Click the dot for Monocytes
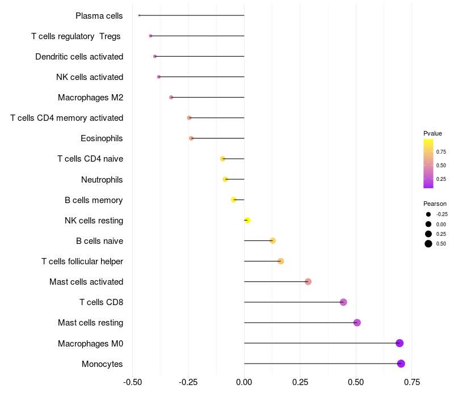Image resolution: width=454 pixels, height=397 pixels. [401, 364]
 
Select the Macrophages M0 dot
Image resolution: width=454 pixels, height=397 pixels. [400, 343]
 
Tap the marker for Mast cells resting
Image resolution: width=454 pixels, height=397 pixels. [357, 323]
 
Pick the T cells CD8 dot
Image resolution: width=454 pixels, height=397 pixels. [343, 302]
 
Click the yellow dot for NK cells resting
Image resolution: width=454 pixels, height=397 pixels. [247, 220]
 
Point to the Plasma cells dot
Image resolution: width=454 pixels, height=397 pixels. [139, 15]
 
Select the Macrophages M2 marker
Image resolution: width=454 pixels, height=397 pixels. [171, 98]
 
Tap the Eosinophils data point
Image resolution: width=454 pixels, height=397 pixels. [191, 138]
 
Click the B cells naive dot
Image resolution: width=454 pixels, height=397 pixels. [272, 241]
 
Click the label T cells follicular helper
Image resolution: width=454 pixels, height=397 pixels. [82, 261]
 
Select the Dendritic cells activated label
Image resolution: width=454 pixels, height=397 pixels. [79, 57]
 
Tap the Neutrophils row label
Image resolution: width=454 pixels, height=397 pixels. [102, 180]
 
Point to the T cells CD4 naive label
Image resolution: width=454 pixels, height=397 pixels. [90, 159]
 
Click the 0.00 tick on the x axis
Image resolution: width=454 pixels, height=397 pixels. [244, 382]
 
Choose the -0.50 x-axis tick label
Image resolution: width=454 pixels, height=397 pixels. [132, 382]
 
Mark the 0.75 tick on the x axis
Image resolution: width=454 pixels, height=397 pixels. [412, 382]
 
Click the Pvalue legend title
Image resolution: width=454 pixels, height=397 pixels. [432, 133]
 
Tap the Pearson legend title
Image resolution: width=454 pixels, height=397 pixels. [435, 204]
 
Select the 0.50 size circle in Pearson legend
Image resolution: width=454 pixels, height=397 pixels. [428, 244]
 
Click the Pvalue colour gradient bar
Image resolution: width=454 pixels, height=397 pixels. [428, 163]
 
